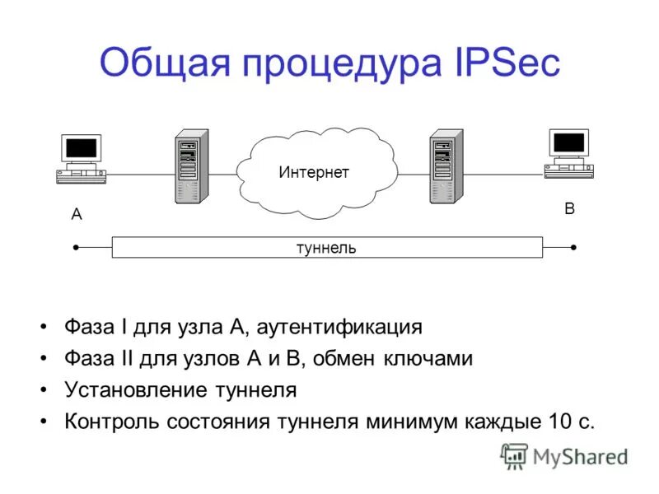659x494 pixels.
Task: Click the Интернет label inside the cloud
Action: pos(314,172)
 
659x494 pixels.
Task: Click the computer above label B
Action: pos(569,153)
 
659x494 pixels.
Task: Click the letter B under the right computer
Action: pos(569,209)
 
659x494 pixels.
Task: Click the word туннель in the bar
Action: pos(326,248)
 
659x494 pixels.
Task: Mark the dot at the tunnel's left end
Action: pos(76,247)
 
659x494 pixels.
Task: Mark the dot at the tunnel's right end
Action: pos(573,247)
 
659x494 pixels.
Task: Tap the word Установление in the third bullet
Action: pos(133,390)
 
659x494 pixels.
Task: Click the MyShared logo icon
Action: pos(514,456)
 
